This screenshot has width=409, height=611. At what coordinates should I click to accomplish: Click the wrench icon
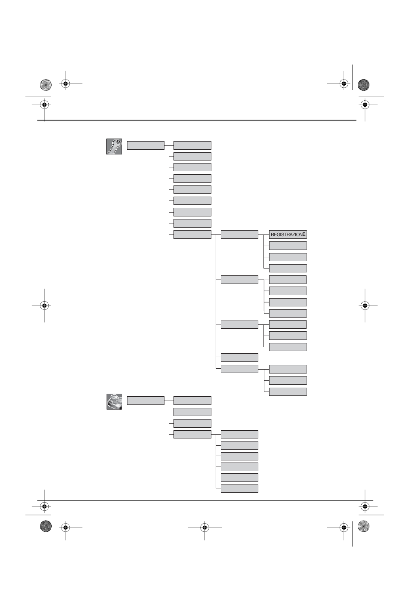114,146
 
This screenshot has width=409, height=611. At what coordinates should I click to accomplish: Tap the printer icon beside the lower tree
114,401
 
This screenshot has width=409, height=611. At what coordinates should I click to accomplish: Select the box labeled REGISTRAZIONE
288,235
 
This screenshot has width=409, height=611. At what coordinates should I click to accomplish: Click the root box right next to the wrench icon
146,145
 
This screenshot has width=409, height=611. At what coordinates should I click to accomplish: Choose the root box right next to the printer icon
146,401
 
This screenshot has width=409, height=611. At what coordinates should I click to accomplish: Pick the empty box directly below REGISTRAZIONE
288,246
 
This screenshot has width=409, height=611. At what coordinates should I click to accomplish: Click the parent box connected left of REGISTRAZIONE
239,235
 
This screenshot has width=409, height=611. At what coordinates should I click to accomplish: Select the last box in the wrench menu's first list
192,235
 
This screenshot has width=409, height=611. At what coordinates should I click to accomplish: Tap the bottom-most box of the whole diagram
239,488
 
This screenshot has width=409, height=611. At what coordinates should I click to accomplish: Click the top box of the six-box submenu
239,434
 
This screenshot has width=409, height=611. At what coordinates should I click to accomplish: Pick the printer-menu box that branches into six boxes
192,434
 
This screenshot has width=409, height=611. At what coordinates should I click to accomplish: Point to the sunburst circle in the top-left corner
45,85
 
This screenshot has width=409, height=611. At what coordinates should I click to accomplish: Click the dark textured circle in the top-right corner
363,84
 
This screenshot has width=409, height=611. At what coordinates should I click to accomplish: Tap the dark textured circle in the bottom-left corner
46,526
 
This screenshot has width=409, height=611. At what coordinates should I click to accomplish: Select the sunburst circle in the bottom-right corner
363,526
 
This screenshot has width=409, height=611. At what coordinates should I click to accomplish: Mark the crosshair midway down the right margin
365,305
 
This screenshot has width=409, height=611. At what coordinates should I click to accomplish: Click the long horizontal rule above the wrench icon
197,120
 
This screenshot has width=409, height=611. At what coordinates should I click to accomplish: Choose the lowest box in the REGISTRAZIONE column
288,392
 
